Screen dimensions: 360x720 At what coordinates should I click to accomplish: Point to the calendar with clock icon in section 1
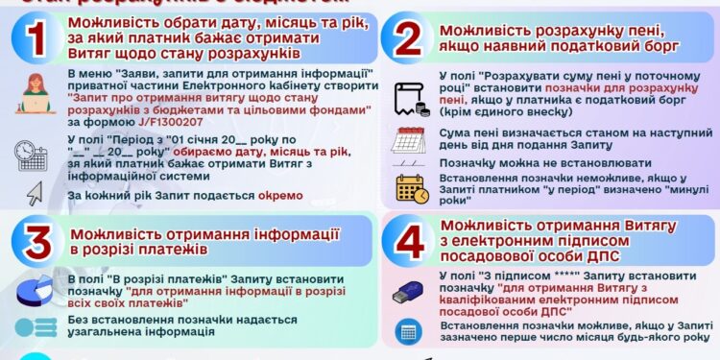32,154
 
